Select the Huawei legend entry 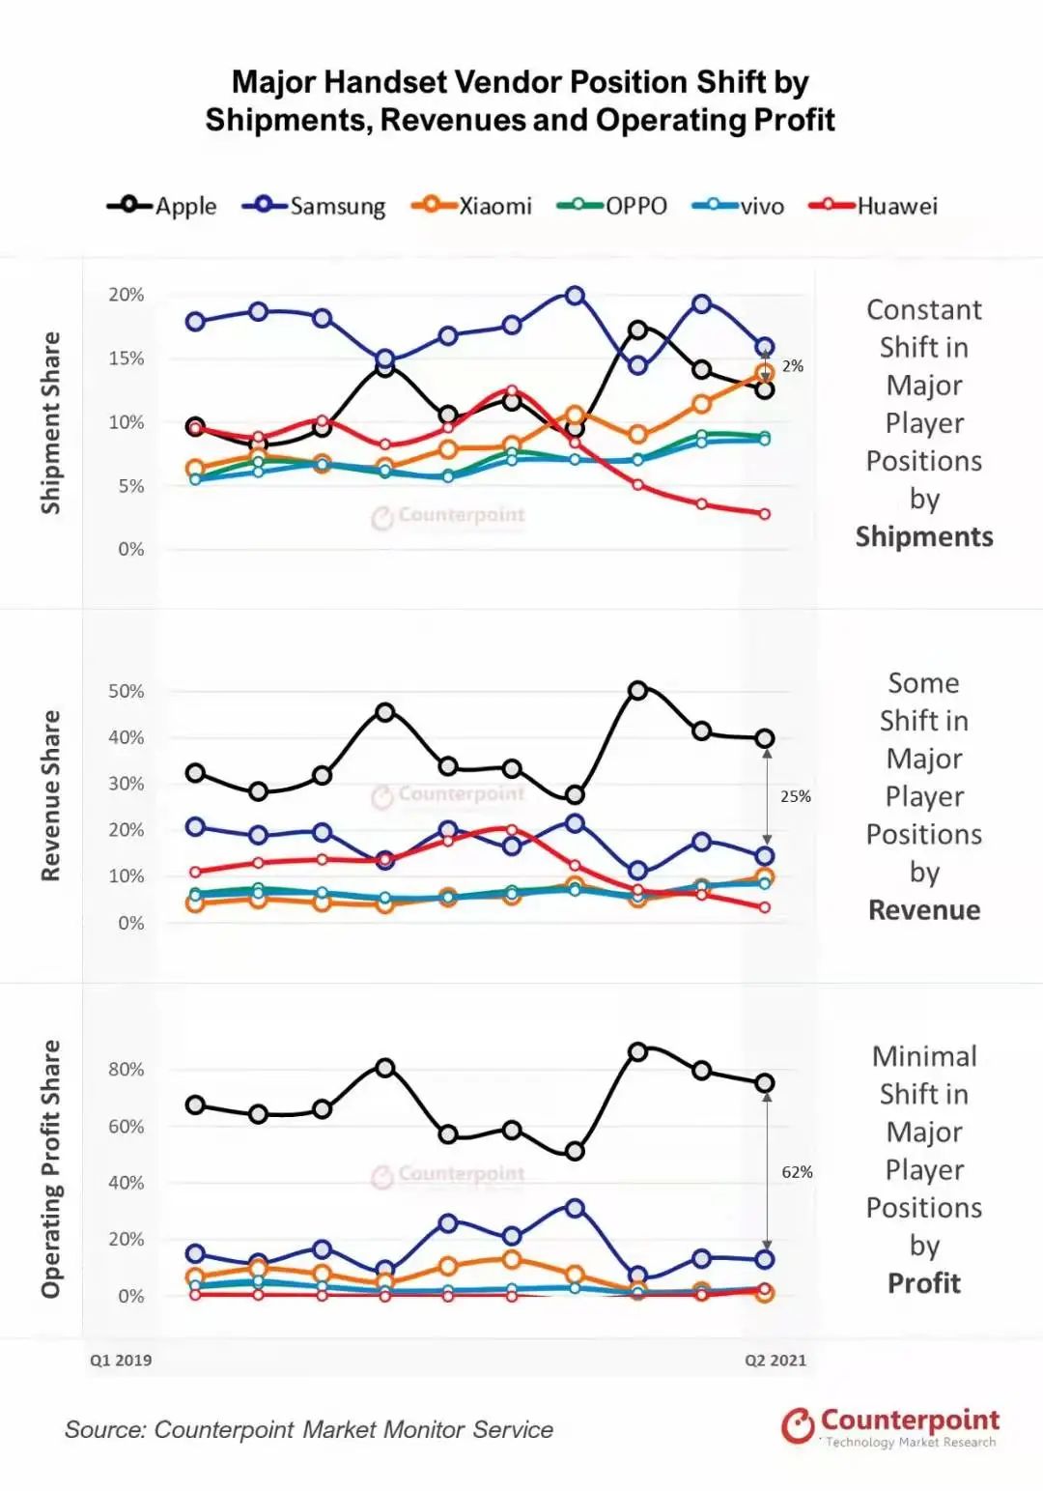click(x=873, y=206)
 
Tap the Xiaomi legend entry click(x=472, y=206)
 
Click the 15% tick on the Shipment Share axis click(x=126, y=358)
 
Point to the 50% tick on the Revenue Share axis click(x=126, y=691)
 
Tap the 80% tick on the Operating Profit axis click(x=126, y=1070)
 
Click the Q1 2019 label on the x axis click(x=121, y=1361)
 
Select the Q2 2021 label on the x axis click(x=775, y=1361)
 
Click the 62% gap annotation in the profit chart click(x=797, y=1172)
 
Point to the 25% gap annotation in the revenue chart click(x=796, y=796)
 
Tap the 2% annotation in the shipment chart click(x=793, y=366)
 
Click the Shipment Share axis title click(x=50, y=422)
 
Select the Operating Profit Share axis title click(x=50, y=1168)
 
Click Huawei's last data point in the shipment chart click(x=765, y=514)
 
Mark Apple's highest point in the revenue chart click(x=637, y=691)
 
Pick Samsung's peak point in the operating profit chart click(x=575, y=1208)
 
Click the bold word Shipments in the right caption click(x=924, y=536)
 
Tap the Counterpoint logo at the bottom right click(x=890, y=1426)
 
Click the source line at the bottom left click(x=309, y=1430)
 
